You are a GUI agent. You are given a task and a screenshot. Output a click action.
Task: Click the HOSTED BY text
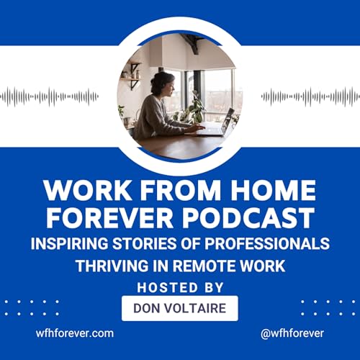[x=180, y=287]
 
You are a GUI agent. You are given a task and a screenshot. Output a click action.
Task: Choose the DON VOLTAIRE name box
[x=180, y=308]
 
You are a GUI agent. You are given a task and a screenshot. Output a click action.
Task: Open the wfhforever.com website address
[x=75, y=333]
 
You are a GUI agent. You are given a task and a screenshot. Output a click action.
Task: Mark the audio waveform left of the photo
[x=50, y=96]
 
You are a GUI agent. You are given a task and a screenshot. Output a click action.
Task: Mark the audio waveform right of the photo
[x=310, y=96]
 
